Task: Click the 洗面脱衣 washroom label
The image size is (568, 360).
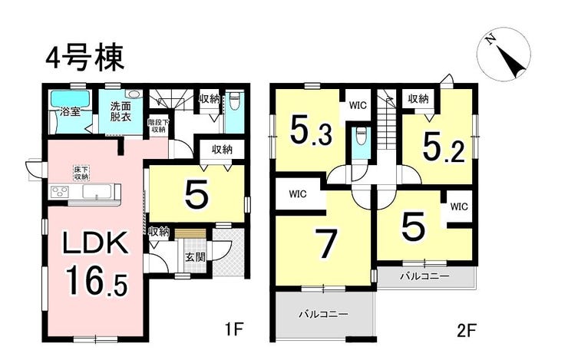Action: (x=121, y=111)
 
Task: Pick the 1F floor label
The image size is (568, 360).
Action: (x=234, y=332)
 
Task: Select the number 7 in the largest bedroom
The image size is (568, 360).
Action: (x=326, y=245)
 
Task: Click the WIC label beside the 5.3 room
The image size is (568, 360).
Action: (x=357, y=105)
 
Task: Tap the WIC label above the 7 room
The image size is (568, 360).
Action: (x=299, y=194)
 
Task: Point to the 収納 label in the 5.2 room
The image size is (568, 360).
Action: (x=418, y=99)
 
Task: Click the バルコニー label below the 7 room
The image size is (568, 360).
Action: (x=322, y=314)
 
